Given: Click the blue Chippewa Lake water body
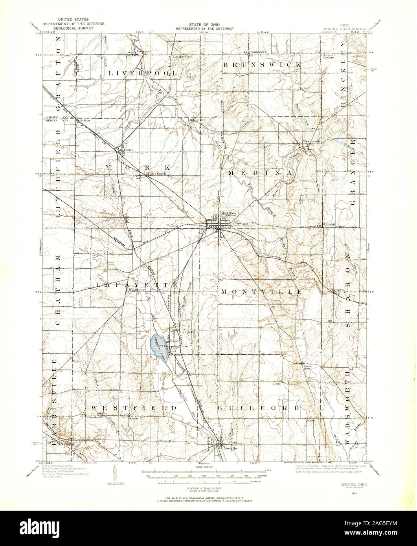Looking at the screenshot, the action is click(158, 346).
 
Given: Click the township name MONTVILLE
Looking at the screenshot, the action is click(261, 292).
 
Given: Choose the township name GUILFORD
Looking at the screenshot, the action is click(259, 408).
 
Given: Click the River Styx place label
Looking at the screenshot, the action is click(307, 367).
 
